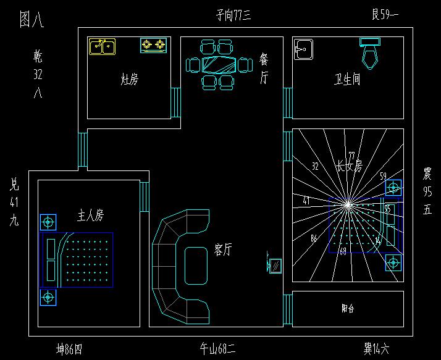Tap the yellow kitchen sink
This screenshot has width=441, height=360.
(102, 46)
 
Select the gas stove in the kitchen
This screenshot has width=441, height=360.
(154, 44)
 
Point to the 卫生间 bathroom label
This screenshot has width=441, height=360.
(347, 80)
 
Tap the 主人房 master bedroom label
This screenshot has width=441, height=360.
(90, 216)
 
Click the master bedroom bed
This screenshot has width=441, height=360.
(78, 259)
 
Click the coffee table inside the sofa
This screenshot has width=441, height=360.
(196, 266)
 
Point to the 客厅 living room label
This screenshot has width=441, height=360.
(223, 249)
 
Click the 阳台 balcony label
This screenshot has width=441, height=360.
(348, 309)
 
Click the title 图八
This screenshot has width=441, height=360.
(31, 19)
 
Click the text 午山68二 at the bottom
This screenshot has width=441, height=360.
(217, 350)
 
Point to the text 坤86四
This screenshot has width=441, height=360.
(69, 350)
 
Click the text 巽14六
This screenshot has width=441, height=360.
(376, 350)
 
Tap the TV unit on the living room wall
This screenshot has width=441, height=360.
(275, 266)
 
